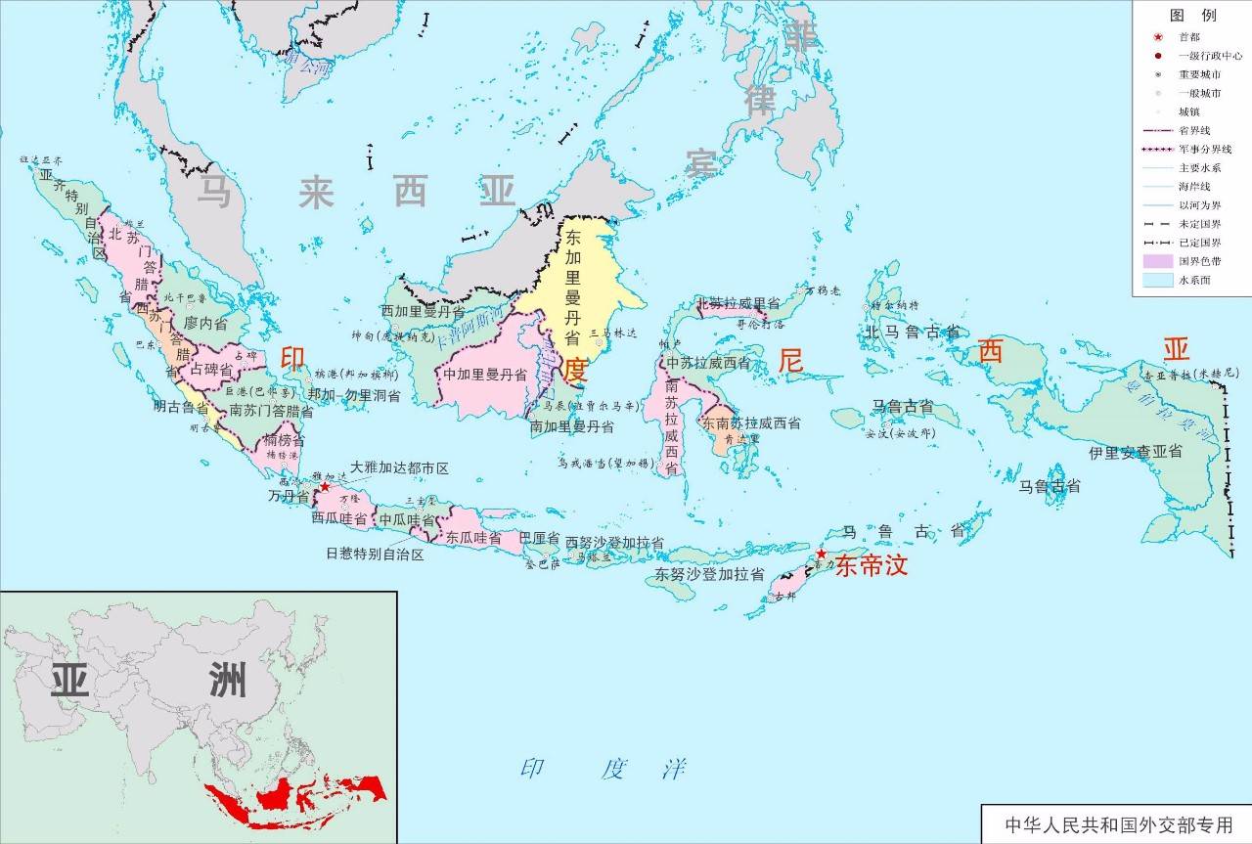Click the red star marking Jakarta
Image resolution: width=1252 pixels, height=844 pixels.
tap(325, 486)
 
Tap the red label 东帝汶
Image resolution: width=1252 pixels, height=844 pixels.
tap(872, 565)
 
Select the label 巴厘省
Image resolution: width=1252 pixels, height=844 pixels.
tap(539, 539)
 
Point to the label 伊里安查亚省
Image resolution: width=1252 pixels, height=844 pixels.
tap(1135, 453)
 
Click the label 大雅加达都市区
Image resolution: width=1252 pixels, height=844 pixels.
tap(399, 469)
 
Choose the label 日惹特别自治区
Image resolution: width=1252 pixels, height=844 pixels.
tap(375, 555)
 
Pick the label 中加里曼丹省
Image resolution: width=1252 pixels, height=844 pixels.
tap(485, 375)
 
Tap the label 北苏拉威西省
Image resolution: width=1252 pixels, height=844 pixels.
tap(738, 304)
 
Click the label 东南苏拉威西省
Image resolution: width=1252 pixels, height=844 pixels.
tap(750, 423)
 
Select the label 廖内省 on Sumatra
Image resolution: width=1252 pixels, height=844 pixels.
tap(205, 322)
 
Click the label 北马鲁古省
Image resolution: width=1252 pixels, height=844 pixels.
tap(912, 333)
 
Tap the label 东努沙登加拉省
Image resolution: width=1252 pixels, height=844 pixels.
tap(710, 575)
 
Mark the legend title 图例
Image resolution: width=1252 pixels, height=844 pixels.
tap(1192, 16)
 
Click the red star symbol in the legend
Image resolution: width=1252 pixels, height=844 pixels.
tap(1156, 36)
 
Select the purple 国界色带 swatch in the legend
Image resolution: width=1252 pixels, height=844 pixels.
tap(1157, 261)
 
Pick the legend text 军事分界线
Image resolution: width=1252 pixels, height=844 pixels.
tap(1204, 149)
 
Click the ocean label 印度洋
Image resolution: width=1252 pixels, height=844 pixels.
tap(603, 769)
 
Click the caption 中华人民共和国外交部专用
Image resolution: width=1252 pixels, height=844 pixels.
tap(1115, 823)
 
